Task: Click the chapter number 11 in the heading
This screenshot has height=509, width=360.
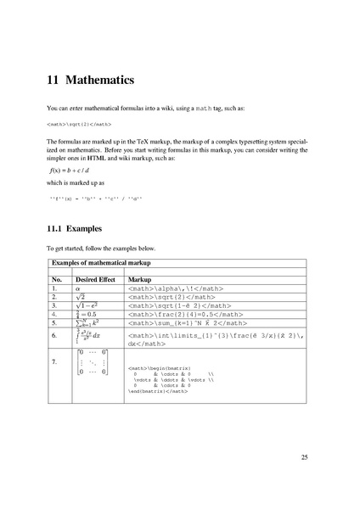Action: (53, 81)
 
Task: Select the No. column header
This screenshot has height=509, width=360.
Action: (57, 278)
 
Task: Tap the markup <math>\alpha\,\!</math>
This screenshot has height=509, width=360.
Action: (166, 288)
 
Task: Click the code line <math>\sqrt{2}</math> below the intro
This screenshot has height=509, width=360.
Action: (67, 124)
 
